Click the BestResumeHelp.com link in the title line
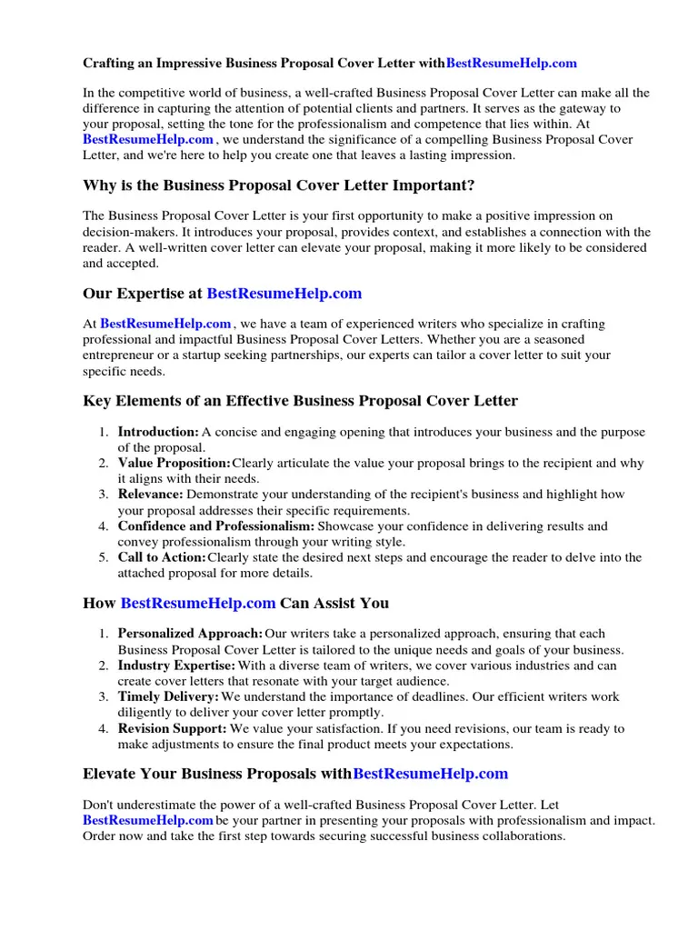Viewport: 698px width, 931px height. point(512,64)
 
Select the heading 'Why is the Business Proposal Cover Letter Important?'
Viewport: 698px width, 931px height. point(278,185)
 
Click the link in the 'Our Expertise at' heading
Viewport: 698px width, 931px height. point(284,294)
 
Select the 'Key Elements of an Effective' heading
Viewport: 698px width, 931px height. point(300,401)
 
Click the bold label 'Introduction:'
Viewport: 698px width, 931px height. point(158,432)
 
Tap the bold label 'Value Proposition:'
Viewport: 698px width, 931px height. point(174,463)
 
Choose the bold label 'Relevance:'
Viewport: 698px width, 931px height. point(151,495)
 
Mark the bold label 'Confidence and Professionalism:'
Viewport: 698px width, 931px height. point(216,526)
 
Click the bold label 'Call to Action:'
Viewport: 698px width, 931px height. point(162,557)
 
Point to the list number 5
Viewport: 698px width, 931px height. point(105,557)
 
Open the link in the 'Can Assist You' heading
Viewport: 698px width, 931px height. point(198,603)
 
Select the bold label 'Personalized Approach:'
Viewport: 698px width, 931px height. point(190,634)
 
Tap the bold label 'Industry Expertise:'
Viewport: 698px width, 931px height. point(176,666)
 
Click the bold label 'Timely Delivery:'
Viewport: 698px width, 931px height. point(168,696)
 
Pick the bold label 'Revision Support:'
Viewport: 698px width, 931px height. point(173,728)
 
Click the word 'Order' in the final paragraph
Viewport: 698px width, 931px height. point(100,836)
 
